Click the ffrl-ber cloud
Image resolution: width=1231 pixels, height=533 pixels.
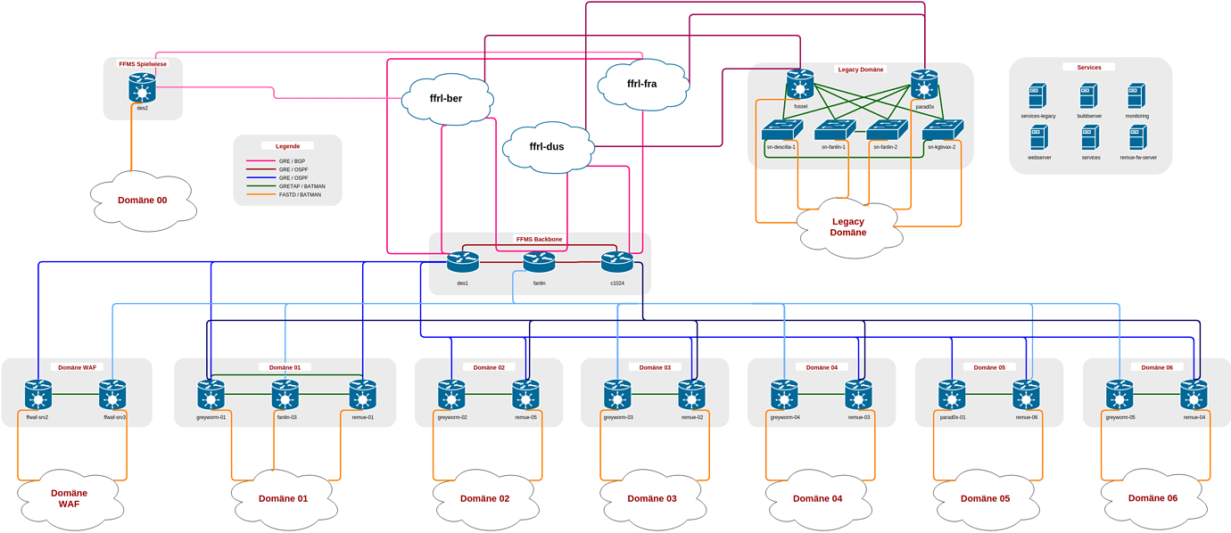[x=447, y=98]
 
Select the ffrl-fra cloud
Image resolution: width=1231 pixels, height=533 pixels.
[x=642, y=84]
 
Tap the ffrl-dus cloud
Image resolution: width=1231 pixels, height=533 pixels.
[x=547, y=146]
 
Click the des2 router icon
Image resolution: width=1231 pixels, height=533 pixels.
[x=142, y=87]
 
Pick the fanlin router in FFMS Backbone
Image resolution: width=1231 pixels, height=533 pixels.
[x=539, y=262]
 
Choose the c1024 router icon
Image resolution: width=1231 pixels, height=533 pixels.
[x=616, y=262]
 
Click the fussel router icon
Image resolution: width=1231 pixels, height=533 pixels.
[x=800, y=86]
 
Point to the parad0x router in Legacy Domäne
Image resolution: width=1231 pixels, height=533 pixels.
[x=924, y=86]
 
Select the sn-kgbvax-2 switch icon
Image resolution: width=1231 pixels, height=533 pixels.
[x=942, y=131]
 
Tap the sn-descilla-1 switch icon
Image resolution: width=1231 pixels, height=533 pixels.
[x=781, y=131]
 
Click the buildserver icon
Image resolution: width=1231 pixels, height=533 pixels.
[x=1088, y=95]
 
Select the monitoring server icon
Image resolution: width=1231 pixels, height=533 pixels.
[x=1136, y=95]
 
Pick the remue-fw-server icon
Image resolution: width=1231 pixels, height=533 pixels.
[x=1137, y=137]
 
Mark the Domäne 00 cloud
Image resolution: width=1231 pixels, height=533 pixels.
[x=143, y=201]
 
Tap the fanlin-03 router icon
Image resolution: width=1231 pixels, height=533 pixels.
[x=285, y=394]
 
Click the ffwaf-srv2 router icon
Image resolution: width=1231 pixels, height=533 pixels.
[x=37, y=394]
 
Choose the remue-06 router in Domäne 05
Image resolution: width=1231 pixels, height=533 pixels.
[x=1026, y=394]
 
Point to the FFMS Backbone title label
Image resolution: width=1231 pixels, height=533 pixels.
[x=539, y=239]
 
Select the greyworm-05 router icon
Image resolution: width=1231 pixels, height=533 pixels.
[x=1119, y=394]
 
